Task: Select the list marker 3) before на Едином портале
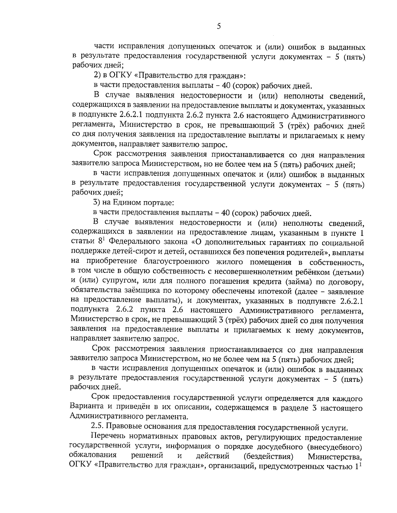97,202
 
